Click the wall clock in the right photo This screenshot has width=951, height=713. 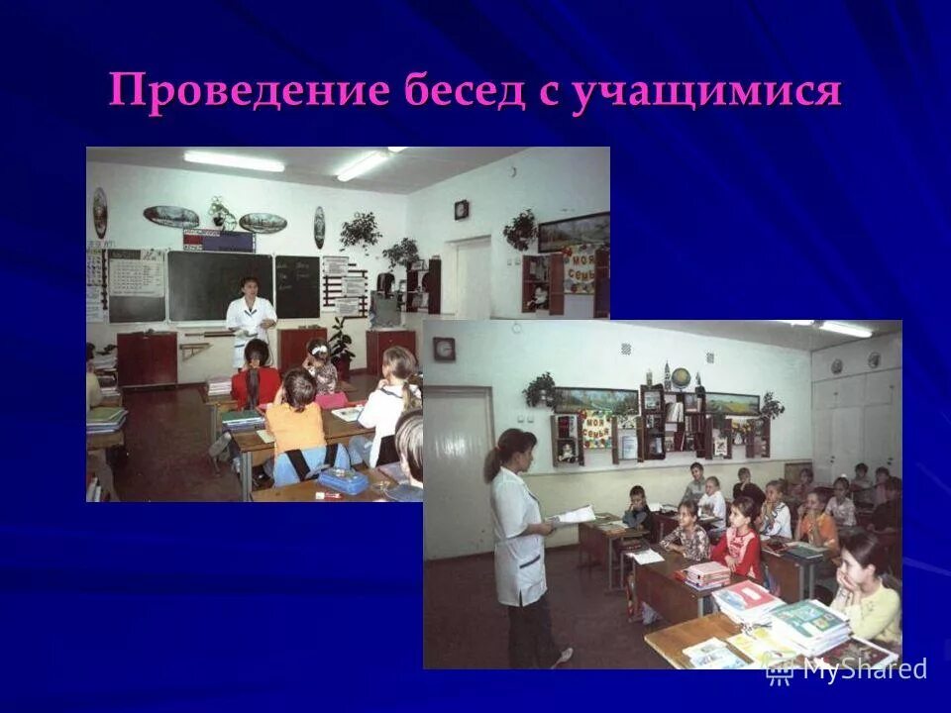[445, 349]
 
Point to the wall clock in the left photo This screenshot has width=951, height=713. [462, 209]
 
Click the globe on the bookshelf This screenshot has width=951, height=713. [681, 377]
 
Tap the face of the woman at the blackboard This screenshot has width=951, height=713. [252, 288]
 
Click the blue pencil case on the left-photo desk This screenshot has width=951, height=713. [343, 481]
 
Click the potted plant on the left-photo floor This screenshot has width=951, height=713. [342, 345]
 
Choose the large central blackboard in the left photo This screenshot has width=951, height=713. [219, 286]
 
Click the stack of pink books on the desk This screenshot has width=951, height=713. [706, 573]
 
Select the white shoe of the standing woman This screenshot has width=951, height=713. [562, 656]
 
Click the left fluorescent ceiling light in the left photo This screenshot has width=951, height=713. [234, 161]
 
